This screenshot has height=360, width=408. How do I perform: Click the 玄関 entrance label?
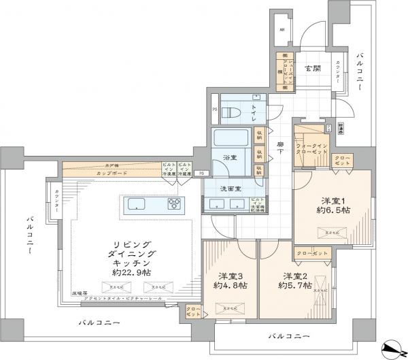click(x=313, y=67)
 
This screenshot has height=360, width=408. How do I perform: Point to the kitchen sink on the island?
click(x=135, y=204)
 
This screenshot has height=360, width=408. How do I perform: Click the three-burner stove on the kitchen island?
click(x=175, y=204)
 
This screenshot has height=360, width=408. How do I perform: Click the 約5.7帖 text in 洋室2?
click(x=295, y=288)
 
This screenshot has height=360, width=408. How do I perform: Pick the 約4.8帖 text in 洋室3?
click(x=230, y=288)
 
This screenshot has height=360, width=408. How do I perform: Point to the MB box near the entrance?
click(x=282, y=31)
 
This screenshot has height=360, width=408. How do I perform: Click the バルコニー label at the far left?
click(x=30, y=240)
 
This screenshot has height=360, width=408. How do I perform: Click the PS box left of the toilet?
click(x=215, y=109)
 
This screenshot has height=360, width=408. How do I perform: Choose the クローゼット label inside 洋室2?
click(x=312, y=253)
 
